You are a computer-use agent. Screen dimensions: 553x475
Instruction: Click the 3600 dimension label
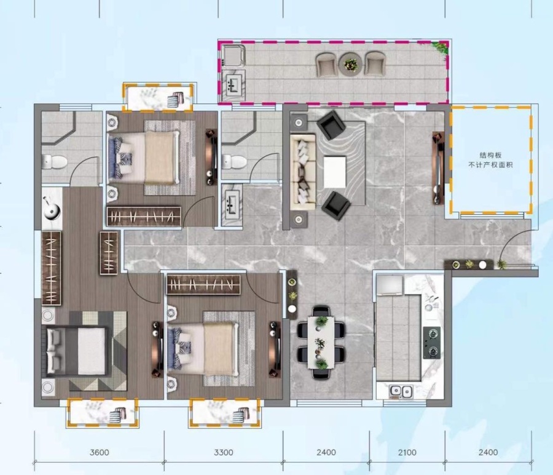(100, 452)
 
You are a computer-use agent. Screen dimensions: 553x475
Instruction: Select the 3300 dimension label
(224, 452)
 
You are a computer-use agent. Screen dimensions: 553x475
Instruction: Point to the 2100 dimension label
(407, 452)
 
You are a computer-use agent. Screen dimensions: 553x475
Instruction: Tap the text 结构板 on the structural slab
(490, 155)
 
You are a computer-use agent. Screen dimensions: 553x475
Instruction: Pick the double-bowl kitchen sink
(401, 391)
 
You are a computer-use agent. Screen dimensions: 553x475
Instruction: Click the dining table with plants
(321, 343)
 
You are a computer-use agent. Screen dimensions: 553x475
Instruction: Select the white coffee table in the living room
(335, 172)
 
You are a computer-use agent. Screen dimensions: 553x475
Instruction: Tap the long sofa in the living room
(303, 171)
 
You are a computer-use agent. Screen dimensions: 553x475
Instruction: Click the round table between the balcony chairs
(350, 64)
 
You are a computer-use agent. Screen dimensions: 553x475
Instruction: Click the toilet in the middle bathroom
(234, 162)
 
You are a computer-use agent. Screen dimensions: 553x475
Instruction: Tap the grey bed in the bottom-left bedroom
(77, 351)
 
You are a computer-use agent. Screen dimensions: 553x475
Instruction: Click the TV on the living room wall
(438, 168)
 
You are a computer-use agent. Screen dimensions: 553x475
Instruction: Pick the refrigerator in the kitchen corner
(390, 285)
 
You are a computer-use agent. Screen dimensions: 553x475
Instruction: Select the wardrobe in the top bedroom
(144, 216)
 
